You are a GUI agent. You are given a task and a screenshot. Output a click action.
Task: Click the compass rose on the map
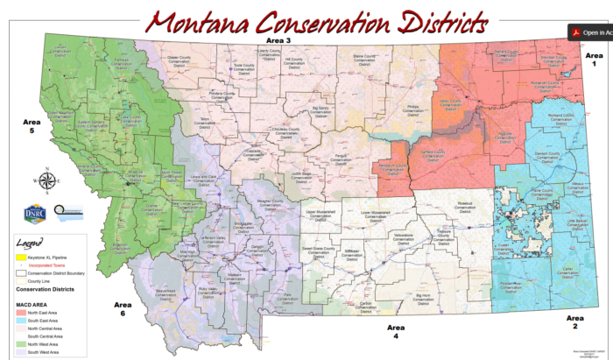pos(49,182)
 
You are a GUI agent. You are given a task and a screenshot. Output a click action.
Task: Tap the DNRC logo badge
pos(34,213)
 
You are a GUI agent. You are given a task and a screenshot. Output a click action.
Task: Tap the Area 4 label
pos(396,330)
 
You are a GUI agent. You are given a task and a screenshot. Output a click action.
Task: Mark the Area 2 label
pos(575,321)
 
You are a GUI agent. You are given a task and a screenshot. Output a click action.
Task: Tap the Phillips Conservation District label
pos(412,109)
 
